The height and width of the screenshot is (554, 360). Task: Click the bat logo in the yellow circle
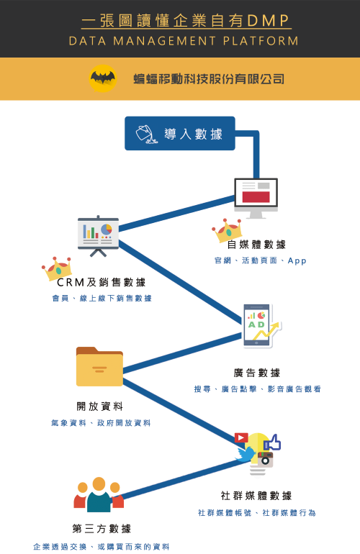click(x=102, y=78)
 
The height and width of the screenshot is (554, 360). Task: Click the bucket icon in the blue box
click(x=146, y=135)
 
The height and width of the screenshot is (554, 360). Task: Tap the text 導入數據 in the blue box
click(x=193, y=135)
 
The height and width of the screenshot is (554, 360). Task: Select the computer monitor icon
click(x=256, y=198)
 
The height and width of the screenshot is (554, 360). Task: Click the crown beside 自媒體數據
click(x=227, y=230)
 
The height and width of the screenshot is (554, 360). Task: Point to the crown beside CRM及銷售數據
click(x=57, y=268)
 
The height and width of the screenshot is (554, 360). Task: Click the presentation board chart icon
click(x=98, y=236)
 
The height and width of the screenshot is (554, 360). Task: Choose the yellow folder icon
click(x=99, y=366)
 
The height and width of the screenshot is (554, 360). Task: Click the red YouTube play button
click(x=241, y=437)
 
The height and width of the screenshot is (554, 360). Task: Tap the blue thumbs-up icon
click(x=272, y=442)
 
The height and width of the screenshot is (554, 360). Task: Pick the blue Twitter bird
click(x=246, y=455)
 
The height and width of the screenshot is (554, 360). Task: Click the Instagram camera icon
click(x=265, y=459)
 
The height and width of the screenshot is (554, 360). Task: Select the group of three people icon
click(x=99, y=494)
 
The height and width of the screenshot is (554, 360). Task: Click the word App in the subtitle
click(x=297, y=261)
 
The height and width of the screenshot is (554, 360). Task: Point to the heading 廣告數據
click(x=257, y=373)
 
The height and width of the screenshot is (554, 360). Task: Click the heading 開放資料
click(x=100, y=407)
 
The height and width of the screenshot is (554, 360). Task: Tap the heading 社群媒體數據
click(x=256, y=496)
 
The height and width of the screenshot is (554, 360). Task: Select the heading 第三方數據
click(x=102, y=529)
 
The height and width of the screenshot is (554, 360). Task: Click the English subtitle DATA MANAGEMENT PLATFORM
click(x=184, y=41)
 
